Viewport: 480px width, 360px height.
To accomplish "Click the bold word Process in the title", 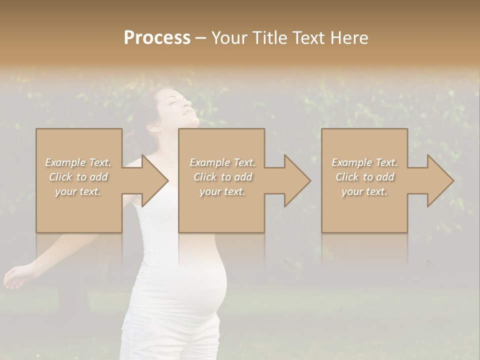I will point(157,38).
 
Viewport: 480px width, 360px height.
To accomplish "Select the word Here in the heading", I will point(349,38).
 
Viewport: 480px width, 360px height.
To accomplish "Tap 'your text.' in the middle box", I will point(222,191).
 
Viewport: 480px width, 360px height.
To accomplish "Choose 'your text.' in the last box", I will point(364,191).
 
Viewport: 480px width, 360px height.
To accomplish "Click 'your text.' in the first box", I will point(77,191).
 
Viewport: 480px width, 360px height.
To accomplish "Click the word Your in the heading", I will point(229,38).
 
